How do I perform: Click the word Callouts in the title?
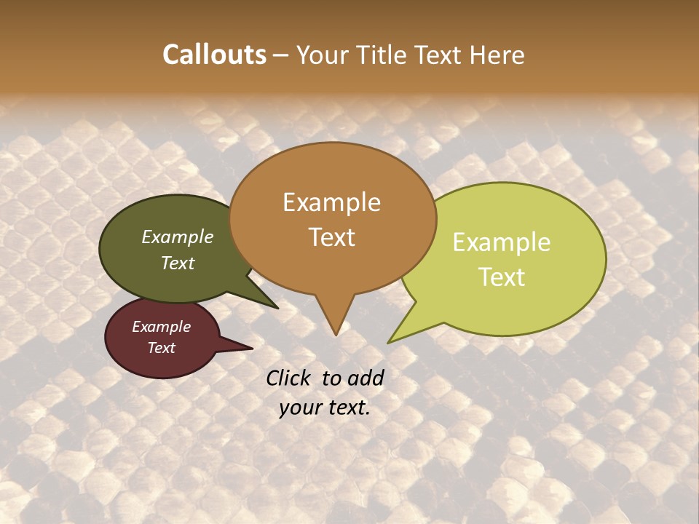tap(214, 55)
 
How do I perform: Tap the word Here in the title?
tap(497, 55)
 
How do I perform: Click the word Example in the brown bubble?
tap(331, 202)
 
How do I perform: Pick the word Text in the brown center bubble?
tap(331, 237)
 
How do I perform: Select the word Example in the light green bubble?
tap(502, 242)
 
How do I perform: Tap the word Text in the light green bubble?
tap(502, 277)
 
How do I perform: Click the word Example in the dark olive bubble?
tap(178, 237)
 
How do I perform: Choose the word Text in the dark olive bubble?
tap(178, 263)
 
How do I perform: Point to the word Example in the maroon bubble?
tap(161, 327)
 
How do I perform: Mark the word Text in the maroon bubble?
tap(161, 348)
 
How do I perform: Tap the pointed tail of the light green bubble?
tap(393, 339)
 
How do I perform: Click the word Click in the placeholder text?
tap(291, 378)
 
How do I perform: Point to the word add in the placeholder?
tap(366, 378)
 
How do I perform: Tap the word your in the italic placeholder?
tap(299, 408)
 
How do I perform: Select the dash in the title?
tap(281, 55)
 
